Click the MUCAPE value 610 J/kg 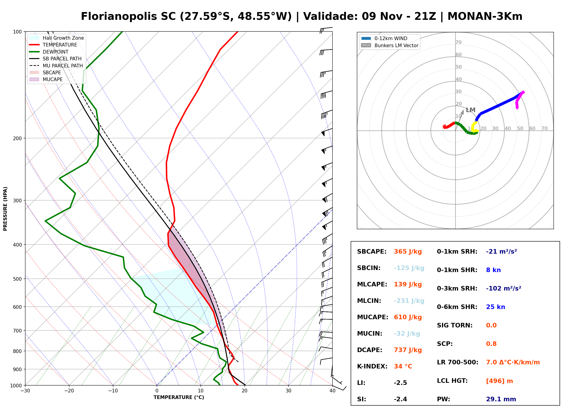click(408, 317)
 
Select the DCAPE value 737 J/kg click(408, 350)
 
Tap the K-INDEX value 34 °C click(403, 366)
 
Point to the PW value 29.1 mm click(501, 399)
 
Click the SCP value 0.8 click(491, 344)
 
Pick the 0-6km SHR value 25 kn click(495, 307)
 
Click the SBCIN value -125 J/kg click(409, 268)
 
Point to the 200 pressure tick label click(17, 138)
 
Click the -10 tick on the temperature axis click(113, 391)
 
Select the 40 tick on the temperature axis click(332, 391)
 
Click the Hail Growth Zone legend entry click(57, 38)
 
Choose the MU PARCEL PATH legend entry click(56, 66)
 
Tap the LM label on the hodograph click(471, 110)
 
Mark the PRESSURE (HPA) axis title click(5, 209)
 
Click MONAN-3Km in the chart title click(485, 16)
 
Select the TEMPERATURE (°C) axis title click(179, 397)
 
